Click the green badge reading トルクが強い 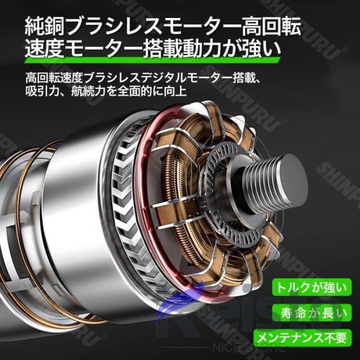312,287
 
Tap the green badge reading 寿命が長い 312,313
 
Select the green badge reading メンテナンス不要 303,338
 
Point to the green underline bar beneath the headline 152,60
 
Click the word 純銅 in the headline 44,27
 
